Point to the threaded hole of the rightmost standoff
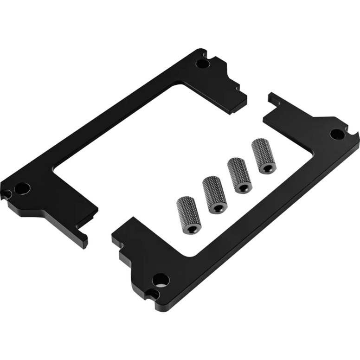tap(266, 167)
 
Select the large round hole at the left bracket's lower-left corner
tap(21, 188)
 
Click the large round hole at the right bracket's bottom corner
tap(161, 280)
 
